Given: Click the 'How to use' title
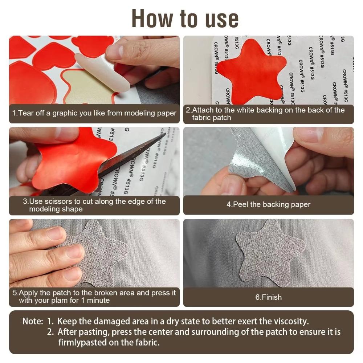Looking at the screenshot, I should click(185, 18).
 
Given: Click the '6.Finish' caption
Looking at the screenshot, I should click(268, 297).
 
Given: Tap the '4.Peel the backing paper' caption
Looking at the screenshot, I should click(268, 204).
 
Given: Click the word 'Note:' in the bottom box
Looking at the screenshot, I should click(33, 321).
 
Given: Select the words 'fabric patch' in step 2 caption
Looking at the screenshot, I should click(211, 118).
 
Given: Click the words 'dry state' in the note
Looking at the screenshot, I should click(191, 321).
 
